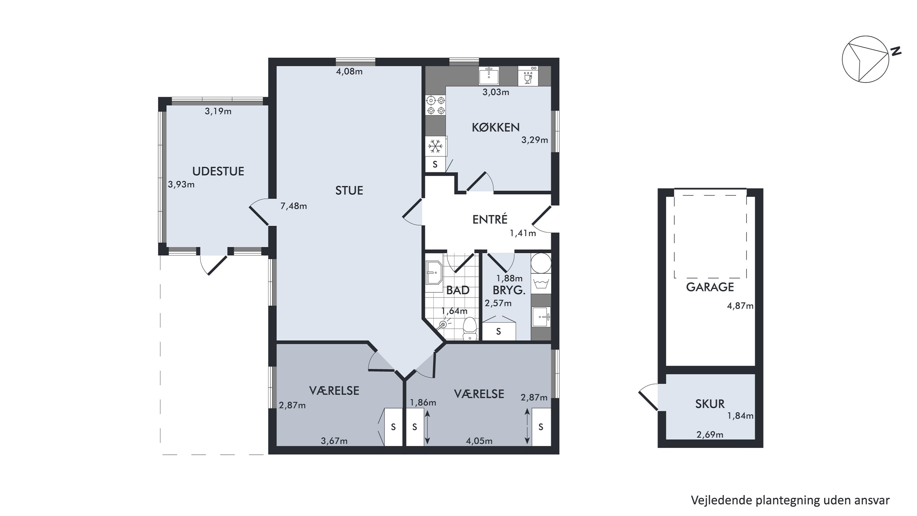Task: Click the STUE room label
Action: [349, 191]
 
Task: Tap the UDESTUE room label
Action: [218, 171]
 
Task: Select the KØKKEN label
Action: [495, 127]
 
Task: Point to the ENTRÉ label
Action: [490, 219]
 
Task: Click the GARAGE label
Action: [710, 287]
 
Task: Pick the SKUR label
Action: [710, 404]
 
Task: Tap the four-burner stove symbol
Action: [436, 106]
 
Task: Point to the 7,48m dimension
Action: [294, 206]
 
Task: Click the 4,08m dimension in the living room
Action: [349, 72]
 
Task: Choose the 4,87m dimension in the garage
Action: [740, 306]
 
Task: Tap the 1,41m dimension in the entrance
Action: [523, 233]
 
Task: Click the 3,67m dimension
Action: [334, 441]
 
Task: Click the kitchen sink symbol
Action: [489, 76]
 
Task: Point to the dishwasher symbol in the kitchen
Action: [528, 76]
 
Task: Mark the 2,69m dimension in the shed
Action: [710, 434]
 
